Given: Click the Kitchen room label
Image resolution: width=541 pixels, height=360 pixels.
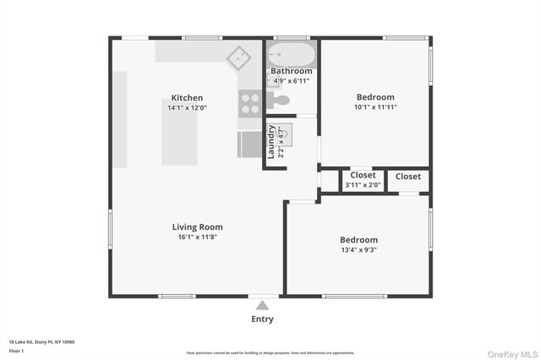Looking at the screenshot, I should [187, 97].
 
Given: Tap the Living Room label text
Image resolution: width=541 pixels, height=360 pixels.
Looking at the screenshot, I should [197, 226].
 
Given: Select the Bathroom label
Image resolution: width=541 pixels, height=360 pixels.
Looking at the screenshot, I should [291, 71].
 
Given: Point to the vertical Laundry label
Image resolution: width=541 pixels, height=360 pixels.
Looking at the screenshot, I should [271, 142].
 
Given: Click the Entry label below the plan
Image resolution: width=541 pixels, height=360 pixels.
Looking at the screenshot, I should [262, 319].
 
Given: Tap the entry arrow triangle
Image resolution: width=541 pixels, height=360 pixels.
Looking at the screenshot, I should [262, 305].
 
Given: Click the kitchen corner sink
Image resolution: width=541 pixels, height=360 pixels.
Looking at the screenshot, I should [238, 57].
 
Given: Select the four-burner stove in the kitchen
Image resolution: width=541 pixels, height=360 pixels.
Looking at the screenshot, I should [249, 103].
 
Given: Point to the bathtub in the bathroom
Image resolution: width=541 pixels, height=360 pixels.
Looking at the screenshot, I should [291, 54].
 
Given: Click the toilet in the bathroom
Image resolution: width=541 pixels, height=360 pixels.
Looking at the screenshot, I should [280, 100].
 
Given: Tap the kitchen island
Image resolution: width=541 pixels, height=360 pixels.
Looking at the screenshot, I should [180, 139].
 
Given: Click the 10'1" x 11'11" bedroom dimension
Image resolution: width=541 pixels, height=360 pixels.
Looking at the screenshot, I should [374, 107].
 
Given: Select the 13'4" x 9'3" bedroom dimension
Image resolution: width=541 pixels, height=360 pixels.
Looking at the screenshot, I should [358, 250].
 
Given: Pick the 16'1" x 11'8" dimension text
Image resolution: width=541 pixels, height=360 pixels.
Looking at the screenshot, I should [197, 237].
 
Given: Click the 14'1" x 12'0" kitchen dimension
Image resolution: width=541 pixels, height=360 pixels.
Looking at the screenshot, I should [187, 108].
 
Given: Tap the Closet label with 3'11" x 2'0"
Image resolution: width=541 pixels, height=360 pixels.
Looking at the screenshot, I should [363, 176].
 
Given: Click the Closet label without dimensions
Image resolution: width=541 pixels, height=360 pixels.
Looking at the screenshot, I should [407, 177].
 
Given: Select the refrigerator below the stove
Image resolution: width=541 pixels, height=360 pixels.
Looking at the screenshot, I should [249, 144].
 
